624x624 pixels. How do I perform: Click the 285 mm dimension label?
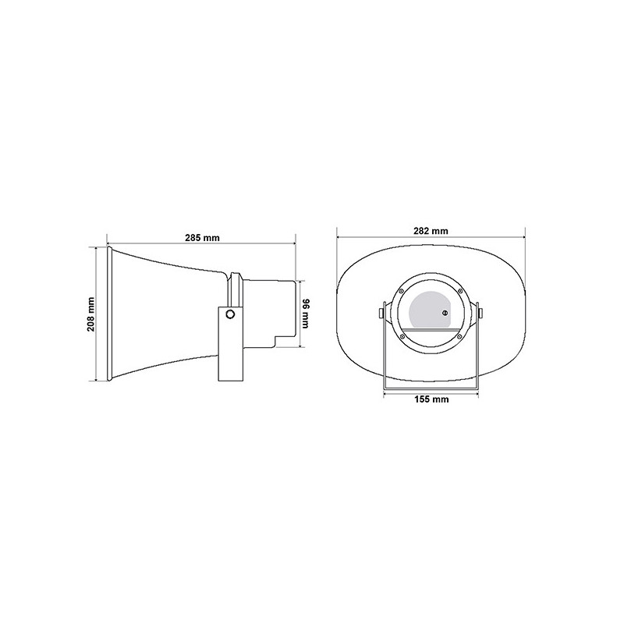(201, 238)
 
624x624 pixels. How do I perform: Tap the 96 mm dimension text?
(307, 314)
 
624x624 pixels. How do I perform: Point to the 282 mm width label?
(431, 231)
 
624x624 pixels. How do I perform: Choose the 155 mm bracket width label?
(431, 399)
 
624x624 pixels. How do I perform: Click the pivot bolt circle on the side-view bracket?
(229, 314)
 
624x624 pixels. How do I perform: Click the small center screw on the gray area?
(445, 314)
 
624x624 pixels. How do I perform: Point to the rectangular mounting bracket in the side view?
(229, 343)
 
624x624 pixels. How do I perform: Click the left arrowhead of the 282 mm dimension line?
(339, 238)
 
